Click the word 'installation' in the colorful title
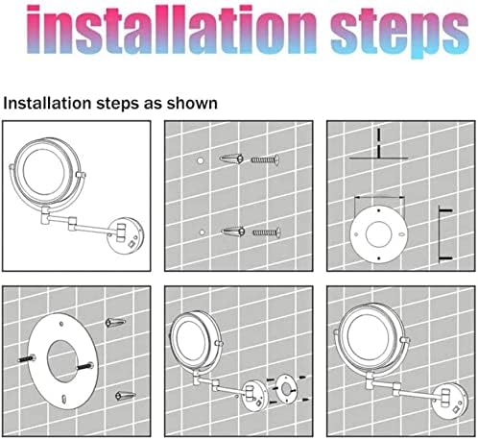tap(171, 31)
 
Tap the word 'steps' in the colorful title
tap(400, 34)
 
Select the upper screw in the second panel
tap(265, 159)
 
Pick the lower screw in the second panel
tap(267, 232)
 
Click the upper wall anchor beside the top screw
tap(232, 159)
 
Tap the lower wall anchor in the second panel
tap(233, 231)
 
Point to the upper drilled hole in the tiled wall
tap(201, 160)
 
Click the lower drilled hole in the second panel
tap(202, 232)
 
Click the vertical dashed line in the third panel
tap(379, 143)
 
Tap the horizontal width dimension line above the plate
tap(379, 198)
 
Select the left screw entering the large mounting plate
tap(27, 359)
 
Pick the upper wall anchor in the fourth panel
tap(115, 322)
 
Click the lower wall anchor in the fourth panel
tap(126, 396)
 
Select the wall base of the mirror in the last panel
tap(449, 402)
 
